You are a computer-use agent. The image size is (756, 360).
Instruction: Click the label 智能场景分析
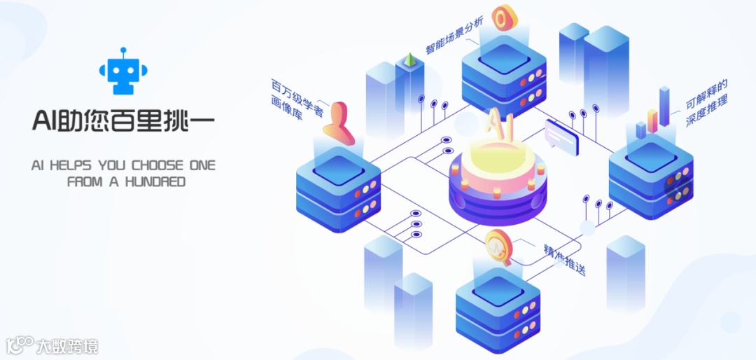(454, 36)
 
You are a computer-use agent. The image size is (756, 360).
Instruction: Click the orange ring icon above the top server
(503, 17)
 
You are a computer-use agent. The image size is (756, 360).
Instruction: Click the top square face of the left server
(337, 172)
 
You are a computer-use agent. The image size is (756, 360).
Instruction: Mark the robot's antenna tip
(122, 50)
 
